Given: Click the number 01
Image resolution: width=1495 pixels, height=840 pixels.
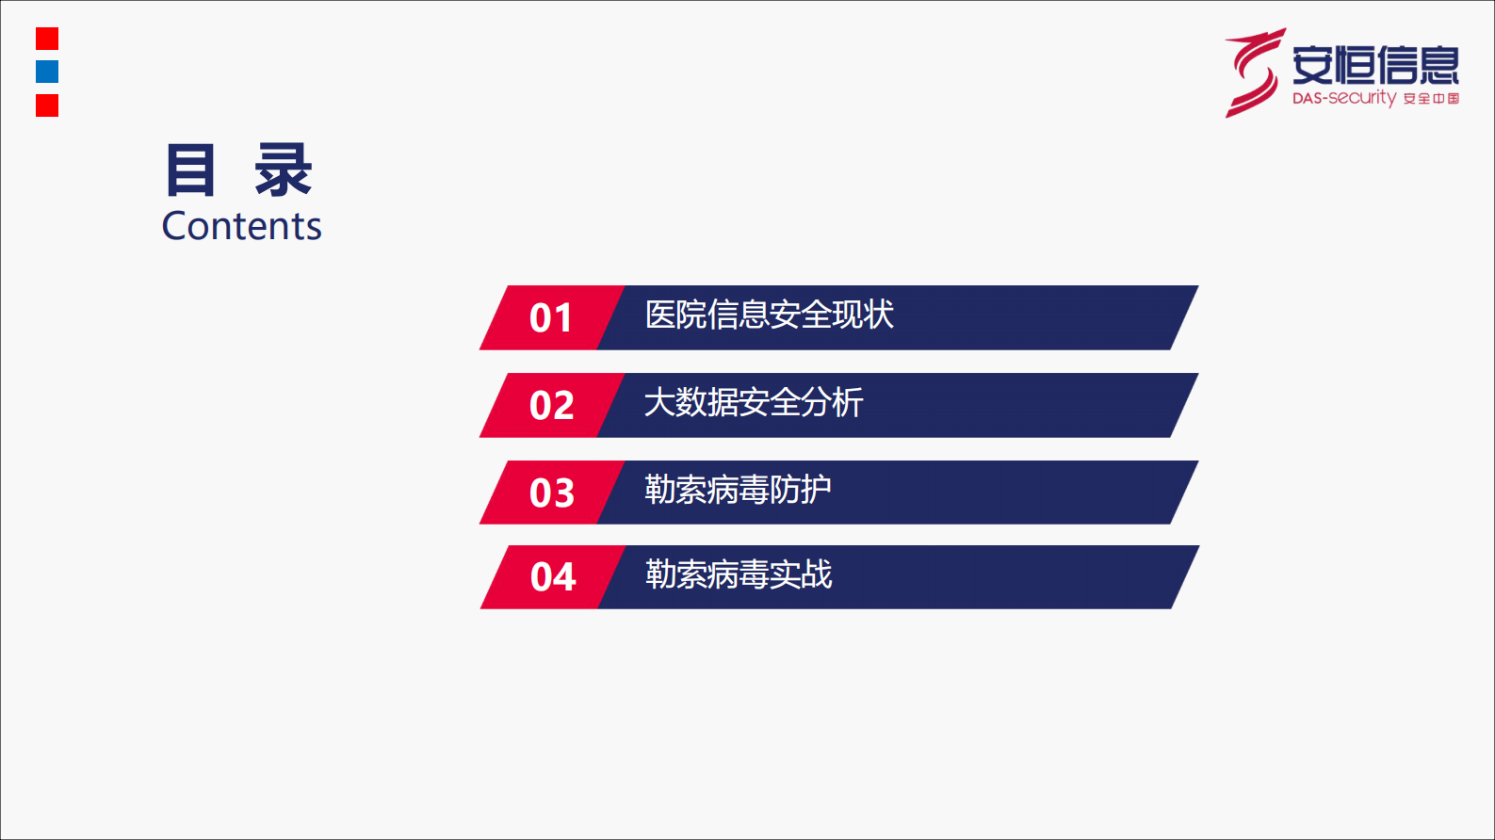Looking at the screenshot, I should click(551, 318).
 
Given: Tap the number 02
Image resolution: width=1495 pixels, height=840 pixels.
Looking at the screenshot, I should click(551, 406).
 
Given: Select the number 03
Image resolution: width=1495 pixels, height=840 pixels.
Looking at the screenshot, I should click(551, 493).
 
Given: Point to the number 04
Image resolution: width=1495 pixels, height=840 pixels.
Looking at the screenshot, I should click(552, 577).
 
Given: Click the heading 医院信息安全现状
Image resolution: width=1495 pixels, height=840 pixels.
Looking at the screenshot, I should click(769, 315).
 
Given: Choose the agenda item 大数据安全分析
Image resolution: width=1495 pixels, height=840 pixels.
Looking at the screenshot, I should click(754, 402).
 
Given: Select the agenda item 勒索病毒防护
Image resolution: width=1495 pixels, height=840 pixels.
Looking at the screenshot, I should click(738, 490).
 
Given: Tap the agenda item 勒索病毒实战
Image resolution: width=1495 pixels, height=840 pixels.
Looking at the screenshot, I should click(739, 574).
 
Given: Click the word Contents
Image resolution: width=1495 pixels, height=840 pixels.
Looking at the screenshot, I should click(242, 226).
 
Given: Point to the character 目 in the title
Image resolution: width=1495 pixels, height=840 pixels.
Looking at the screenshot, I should click(190, 170).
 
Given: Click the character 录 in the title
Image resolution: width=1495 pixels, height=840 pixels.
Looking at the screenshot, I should click(283, 170).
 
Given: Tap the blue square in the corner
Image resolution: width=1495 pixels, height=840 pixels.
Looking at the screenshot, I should click(47, 72).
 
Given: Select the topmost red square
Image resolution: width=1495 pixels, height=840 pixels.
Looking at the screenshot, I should click(47, 39).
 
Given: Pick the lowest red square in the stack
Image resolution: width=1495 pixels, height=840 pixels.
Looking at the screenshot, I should click(47, 105).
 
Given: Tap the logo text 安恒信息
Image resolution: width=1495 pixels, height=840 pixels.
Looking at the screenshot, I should click(1375, 64).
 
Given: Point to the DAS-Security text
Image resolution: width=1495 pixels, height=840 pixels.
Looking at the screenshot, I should click(1343, 98).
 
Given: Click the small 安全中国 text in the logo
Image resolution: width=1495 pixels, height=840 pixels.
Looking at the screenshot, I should click(1431, 99).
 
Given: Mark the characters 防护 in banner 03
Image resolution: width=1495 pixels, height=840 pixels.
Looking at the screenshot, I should click(801, 490).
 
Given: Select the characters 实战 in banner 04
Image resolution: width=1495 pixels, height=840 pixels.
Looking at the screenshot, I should click(802, 574).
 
